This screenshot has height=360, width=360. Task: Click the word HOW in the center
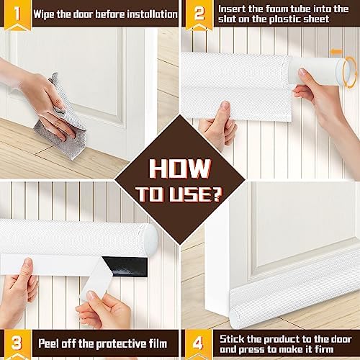pyautogui.click(x=180, y=168)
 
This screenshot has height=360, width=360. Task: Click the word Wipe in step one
pyautogui.click(x=46, y=14)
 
